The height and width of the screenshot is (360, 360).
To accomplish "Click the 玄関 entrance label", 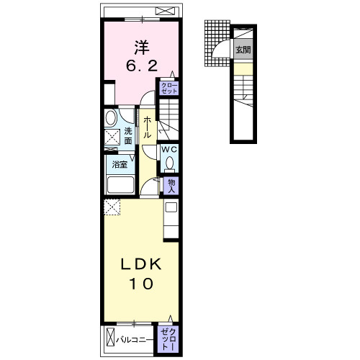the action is [243, 50].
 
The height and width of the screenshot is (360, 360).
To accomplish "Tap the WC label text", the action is [169, 149].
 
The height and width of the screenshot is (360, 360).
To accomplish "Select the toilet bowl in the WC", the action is [169, 163].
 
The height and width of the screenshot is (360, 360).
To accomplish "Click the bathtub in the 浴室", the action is [120, 184].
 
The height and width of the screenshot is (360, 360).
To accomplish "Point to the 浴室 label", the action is [120, 164].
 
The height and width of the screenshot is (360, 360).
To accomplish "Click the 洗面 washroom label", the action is [128, 136].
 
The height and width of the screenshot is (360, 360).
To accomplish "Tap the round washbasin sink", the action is [111, 117].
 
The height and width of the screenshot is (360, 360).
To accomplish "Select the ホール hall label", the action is [147, 127].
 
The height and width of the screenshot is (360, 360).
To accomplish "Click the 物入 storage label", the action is [171, 186].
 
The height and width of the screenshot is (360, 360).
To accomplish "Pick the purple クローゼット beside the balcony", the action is [168, 339].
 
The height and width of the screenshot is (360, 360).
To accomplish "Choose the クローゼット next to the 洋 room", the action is [169, 88].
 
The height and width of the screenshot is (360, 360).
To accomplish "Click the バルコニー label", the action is [135, 340].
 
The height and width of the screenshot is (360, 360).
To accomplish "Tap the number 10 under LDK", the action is [141, 284].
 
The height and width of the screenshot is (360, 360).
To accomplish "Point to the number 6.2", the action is [142, 66].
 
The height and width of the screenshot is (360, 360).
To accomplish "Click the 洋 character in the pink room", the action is [142, 48].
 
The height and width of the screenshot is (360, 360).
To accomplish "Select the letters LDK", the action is [141, 265].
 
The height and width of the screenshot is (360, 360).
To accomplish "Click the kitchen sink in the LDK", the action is [171, 207].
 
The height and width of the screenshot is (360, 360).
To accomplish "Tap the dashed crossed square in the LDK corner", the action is [112, 207].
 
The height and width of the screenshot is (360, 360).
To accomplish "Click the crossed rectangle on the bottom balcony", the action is [111, 336].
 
